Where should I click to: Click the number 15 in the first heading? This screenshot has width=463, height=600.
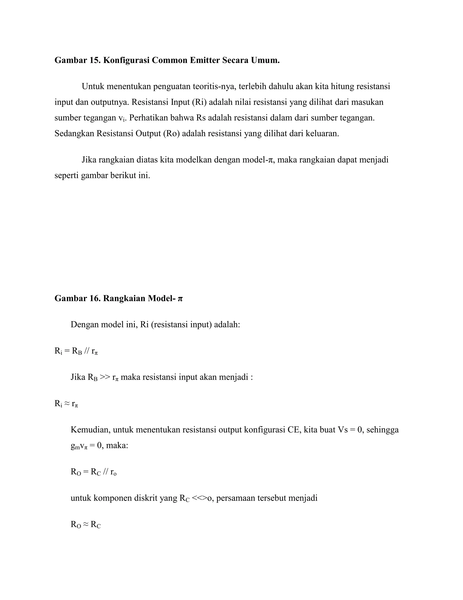point(95,60)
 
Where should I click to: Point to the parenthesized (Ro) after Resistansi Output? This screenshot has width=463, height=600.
point(171,134)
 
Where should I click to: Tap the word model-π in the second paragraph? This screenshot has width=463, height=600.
point(259,160)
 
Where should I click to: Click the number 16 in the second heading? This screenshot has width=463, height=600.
point(95,298)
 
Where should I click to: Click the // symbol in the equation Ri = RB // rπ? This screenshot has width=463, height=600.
point(87,351)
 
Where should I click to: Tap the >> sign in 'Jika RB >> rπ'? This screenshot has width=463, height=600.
point(105,377)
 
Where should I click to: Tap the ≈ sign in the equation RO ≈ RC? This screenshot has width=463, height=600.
point(86,524)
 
